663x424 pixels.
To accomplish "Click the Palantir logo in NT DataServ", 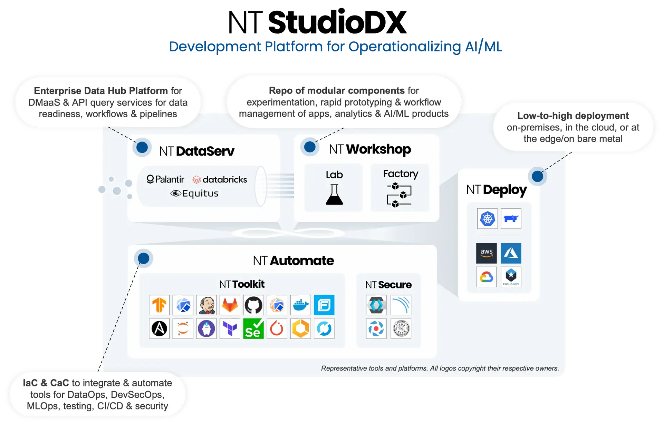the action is (x=165, y=179).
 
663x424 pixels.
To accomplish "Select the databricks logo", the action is (x=220, y=179).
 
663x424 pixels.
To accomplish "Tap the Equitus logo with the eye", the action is (x=194, y=194).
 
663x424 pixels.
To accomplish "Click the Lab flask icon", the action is (x=334, y=195).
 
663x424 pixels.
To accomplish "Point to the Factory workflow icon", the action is (x=399, y=195).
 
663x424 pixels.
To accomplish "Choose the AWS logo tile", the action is (x=487, y=253).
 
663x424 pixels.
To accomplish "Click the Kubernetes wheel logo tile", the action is (x=487, y=218).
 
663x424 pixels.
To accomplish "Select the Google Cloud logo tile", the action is (x=487, y=277).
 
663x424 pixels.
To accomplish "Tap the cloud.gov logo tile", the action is (x=511, y=277).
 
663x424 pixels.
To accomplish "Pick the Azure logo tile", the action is (x=511, y=253).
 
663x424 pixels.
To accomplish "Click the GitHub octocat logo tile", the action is (x=253, y=305).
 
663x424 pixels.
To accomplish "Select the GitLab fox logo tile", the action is (x=230, y=305).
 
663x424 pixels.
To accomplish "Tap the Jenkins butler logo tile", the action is (x=206, y=305).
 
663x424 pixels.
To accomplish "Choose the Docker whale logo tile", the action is (x=301, y=305).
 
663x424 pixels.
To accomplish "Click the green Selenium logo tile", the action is (x=253, y=328).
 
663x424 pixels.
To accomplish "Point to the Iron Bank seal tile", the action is (x=401, y=328).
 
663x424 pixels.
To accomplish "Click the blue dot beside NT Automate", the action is (x=144, y=258).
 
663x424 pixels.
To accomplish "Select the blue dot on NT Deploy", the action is (x=537, y=177).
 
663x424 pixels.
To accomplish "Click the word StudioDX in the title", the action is (x=337, y=22).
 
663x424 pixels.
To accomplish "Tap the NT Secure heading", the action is (x=388, y=285).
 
